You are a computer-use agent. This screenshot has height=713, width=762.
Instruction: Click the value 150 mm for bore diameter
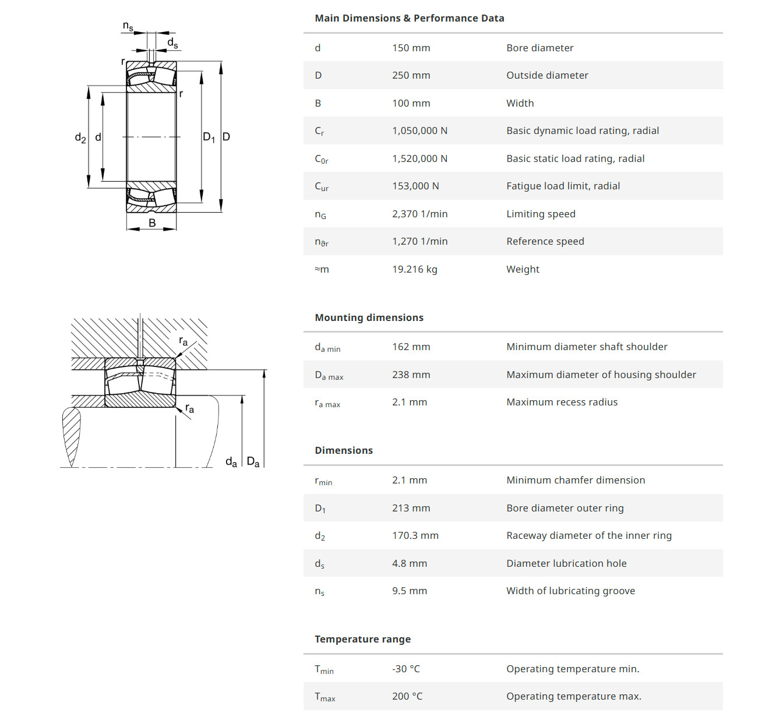click(411, 48)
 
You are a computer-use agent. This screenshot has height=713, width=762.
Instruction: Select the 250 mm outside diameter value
click(411, 75)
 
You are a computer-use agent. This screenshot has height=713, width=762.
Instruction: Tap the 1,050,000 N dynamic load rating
click(420, 131)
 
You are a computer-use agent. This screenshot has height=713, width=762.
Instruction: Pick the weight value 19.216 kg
click(415, 269)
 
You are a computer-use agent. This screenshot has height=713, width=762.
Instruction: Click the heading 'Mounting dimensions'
click(369, 317)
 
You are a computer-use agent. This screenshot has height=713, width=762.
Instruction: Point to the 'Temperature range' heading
click(362, 640)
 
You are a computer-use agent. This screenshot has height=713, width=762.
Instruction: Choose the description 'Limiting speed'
click(541, 214)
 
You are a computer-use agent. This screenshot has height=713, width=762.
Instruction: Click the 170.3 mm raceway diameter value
click(415, 536)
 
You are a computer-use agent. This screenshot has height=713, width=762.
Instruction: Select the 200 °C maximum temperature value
click(407, 697)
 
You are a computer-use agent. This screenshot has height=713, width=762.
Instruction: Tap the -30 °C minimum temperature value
click(406, 669)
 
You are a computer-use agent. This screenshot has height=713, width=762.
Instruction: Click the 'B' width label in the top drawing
click(152, 223)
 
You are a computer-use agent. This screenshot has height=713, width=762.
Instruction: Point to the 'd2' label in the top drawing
click(80, 137)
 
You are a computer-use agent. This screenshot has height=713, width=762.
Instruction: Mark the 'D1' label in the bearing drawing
click(209, 137)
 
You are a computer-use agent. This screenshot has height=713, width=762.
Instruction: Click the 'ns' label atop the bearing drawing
click(128, 26)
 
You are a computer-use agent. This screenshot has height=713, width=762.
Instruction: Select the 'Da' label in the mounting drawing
click(253, 462)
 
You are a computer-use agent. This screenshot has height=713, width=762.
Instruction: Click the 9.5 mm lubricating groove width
click(410, 591)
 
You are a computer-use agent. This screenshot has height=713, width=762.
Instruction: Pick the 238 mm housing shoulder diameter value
click(411, 375)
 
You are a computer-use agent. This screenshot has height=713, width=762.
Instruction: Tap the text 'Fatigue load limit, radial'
click(563, 186)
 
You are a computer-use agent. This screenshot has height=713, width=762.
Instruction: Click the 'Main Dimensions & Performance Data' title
click(410, 19)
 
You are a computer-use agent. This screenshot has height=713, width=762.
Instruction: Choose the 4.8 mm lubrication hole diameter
click(410, 564)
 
